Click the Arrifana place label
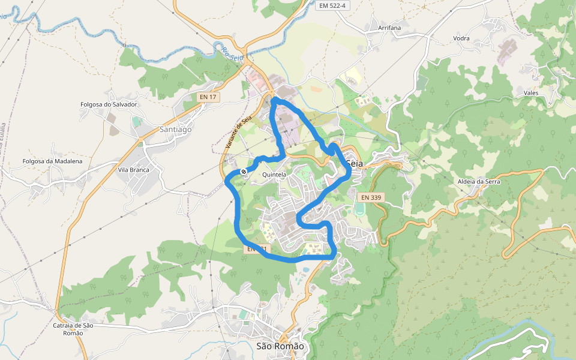[x=389, y=28]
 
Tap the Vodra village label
[x=461, y=38]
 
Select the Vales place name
[x=531, y=93]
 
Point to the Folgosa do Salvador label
[x=109, y=104]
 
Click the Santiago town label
[x=176, y=129]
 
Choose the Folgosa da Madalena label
[x=52, y=161]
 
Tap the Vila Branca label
[x=133, y=170]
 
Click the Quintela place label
[x=274, y=175]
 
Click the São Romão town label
[x=280, y=346]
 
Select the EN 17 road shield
[x=207, y=96]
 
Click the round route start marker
[x=244, y=172]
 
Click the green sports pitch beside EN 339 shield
[x=360, y=209]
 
